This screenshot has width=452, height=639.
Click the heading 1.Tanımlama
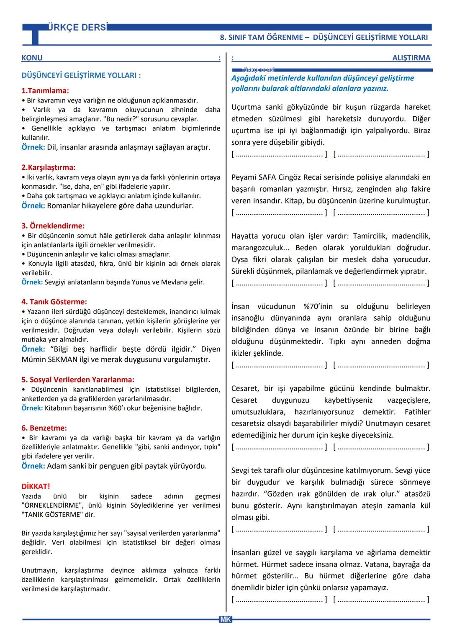[x=45, y=91]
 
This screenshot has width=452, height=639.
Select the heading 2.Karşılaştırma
[x=49, y=167]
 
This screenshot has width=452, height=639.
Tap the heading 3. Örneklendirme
[x=53, y=226]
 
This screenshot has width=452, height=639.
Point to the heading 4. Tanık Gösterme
[x=54, y=302]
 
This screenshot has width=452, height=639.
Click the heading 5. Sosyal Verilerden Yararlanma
[x=78, y=380]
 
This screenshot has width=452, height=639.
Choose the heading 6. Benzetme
[x=44, y=428]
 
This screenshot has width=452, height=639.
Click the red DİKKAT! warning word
[x=36, y=486]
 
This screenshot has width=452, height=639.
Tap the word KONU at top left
[x=32, y=58]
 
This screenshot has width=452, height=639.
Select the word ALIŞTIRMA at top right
[x=411, y=58]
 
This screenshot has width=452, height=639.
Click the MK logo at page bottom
[x=225, y=619]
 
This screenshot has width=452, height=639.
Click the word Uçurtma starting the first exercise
[x=246, y=107]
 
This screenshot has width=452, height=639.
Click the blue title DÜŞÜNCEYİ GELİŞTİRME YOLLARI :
[x=81, y=75]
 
